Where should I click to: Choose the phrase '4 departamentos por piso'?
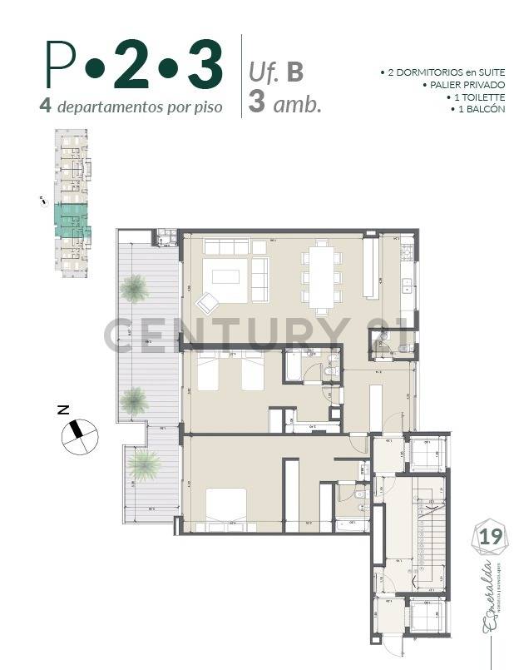pyautogui.click(x=131, y=107)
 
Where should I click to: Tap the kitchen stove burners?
pyautogui.click(x=408, y=249)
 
